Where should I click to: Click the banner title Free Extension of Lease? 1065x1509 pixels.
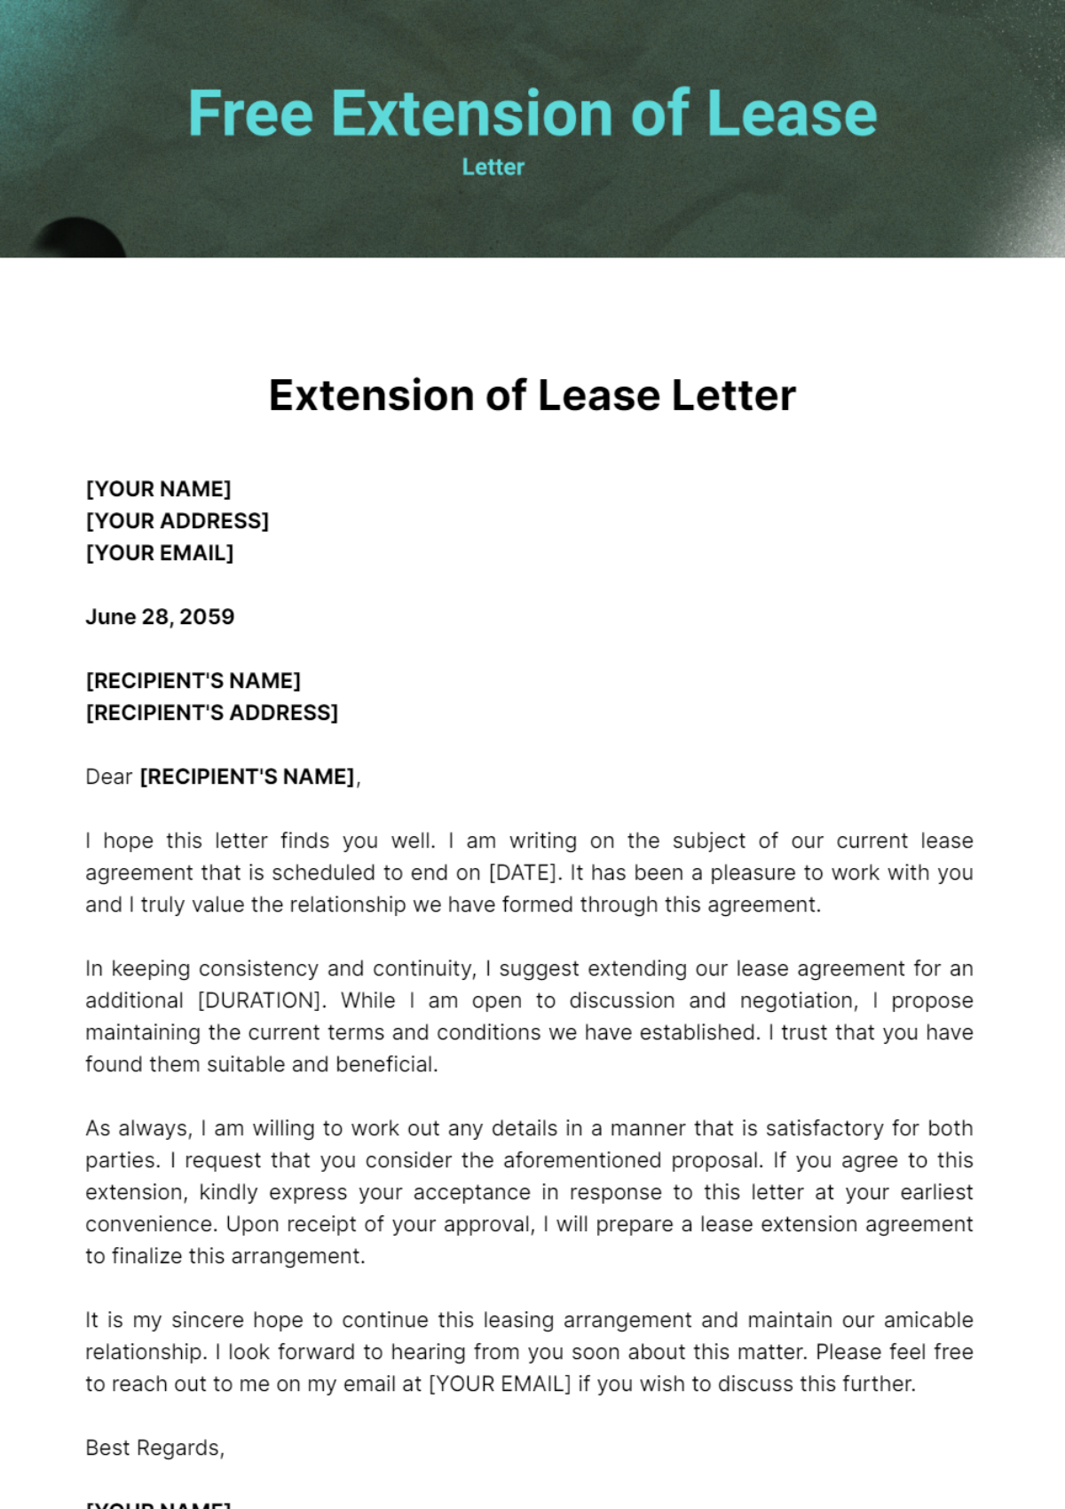click(x=532, y=114)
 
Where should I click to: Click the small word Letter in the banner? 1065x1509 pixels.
click(x=493, y=167)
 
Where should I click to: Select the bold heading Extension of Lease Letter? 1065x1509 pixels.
click(x=532, y=395)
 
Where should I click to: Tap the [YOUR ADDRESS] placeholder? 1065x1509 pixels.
click(x=177, y=521)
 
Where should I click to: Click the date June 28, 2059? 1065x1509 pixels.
click(x=160, y=617)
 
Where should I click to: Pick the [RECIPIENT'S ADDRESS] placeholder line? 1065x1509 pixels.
click(x=212, y=713)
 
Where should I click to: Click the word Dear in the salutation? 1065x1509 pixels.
click(x=108, y=777)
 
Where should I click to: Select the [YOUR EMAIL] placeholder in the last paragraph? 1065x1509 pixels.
click(x=500, y=1384)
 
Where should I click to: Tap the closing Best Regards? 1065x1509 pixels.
click(x=154, y=1448)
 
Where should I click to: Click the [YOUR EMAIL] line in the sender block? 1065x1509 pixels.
click(x=160, y=553)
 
